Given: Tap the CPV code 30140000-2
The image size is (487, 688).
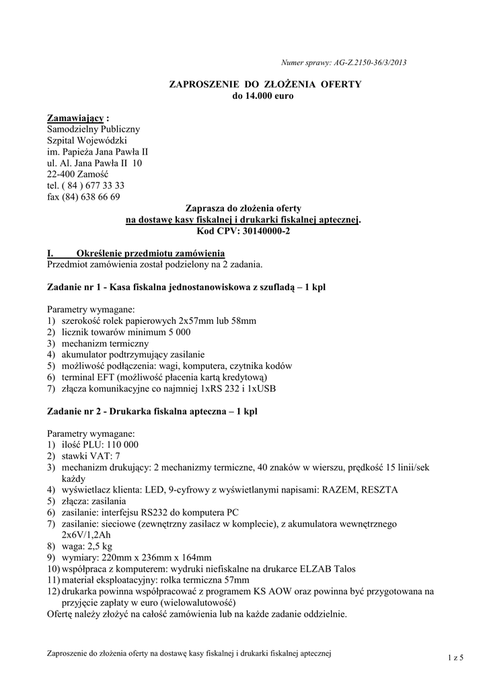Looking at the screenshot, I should point(263,230).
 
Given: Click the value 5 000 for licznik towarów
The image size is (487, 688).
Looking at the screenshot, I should point(176,332).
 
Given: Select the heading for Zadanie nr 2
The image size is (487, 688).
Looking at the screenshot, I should point(151,411).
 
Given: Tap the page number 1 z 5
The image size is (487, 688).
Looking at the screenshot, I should point(456,657).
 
